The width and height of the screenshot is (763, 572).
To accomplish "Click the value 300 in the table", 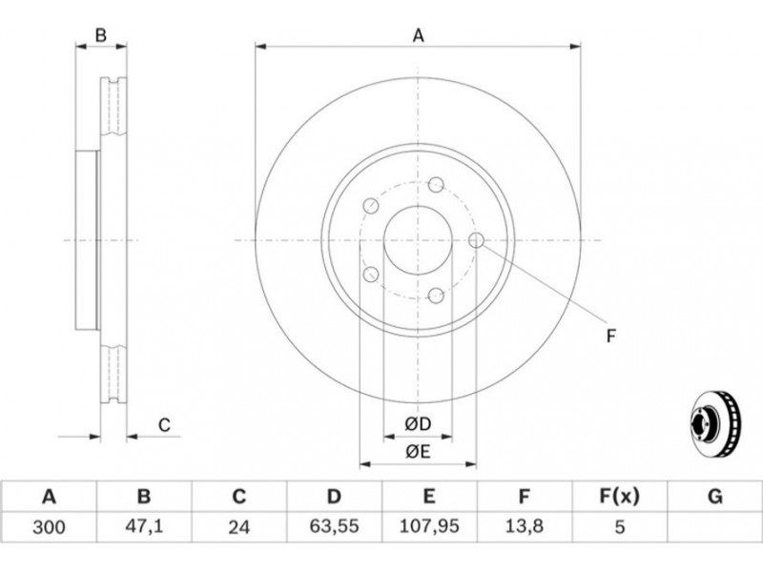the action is click(49, 527).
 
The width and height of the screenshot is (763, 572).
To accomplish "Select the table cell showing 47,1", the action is click(144, 527).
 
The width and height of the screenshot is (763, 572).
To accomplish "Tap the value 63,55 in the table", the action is click(335, 526).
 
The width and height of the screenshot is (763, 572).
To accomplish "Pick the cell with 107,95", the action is click(429, 526).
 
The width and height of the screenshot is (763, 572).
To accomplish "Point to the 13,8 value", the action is click(524, 526).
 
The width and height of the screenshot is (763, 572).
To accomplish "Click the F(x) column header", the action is click(619, 497).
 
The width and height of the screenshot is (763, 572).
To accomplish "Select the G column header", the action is click(714, 497).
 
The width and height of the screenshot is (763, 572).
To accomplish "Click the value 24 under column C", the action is click(239, 527).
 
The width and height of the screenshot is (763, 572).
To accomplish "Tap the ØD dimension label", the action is click(418, 424).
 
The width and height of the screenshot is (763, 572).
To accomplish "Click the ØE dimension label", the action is click(418, 452).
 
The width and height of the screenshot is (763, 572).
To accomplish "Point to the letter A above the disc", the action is click(419, 35).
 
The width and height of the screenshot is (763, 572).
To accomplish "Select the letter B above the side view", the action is click(100, 35).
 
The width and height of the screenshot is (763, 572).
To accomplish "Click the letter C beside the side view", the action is click(164, 424).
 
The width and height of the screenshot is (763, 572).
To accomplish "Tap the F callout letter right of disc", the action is click(611, 336).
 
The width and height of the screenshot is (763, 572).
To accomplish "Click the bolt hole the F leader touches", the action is click(476, 240).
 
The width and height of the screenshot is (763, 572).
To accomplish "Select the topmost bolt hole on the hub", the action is click(436, 185).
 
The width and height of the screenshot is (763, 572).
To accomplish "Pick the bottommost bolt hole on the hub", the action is click(436, 296).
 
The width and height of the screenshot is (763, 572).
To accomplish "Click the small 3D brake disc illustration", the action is click(715, 425).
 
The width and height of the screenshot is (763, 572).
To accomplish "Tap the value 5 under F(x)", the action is click(619, 527).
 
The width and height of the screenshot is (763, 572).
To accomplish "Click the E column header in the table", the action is click(428, 497).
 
